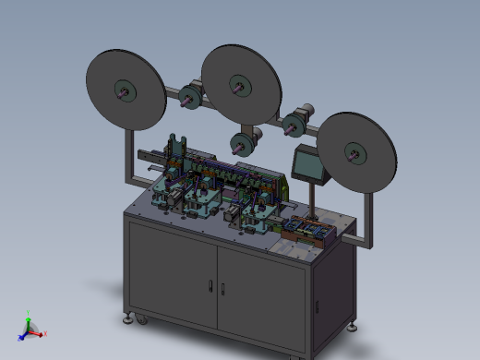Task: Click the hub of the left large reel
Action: (x=124, y=90)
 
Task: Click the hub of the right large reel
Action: (x=354, y=153)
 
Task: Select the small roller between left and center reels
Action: (x=191, y=95)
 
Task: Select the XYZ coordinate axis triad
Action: (x=30, y=329)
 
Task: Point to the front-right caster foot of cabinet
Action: (x=354, y=326)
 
